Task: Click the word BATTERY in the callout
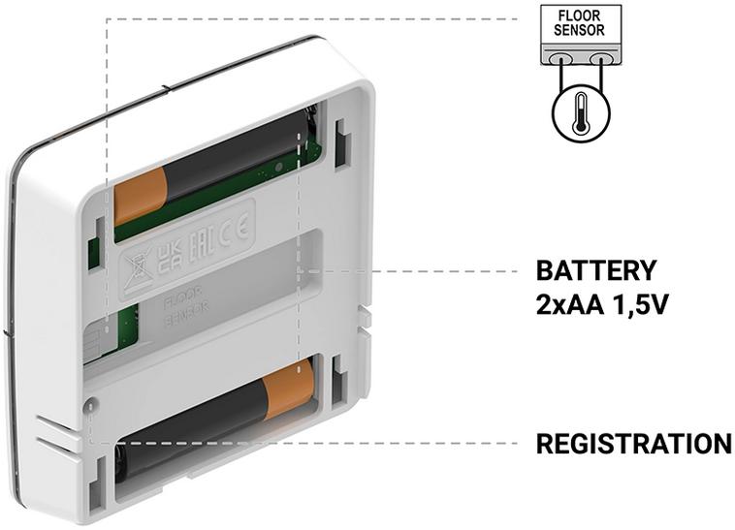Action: pos(596,270)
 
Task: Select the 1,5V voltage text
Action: pos(639,305)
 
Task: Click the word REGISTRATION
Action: pos(633,445)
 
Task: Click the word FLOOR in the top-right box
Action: pos(580,16)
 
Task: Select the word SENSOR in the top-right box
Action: pos(580,30)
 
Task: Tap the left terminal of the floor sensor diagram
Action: pos(560,59)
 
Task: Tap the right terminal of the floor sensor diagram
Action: pos(600,59)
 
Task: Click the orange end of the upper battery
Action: pos(141,196)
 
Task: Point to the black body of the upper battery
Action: pos(233,160)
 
